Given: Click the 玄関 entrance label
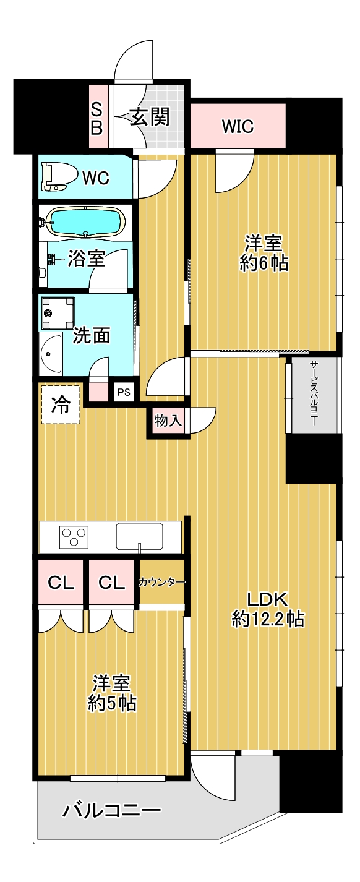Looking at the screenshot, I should [x=149, y=117].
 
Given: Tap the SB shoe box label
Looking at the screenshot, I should [x=98, y=118].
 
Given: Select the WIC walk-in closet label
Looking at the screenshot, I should [x=238, y=127].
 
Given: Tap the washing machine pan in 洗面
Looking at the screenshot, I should [x=58, y=313].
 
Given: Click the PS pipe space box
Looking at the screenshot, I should [x=124, y=392].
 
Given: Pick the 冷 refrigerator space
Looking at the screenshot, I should [x=60, y=405].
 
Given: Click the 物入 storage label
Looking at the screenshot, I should [x=168, y=422].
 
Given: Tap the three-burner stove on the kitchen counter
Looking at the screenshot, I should [x=74, y=536].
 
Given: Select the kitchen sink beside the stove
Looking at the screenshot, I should [x=139, y=536].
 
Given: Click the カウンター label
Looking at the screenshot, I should [x=161, y=581].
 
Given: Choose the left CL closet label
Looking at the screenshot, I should [x=61, y=582].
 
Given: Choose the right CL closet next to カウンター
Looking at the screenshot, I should [x=111, y=582].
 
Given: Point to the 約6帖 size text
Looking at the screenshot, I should [x=264, y=263].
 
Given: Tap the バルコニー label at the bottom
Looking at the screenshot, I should [x=112, y=810].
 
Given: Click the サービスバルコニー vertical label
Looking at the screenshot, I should [x=314, y=393].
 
